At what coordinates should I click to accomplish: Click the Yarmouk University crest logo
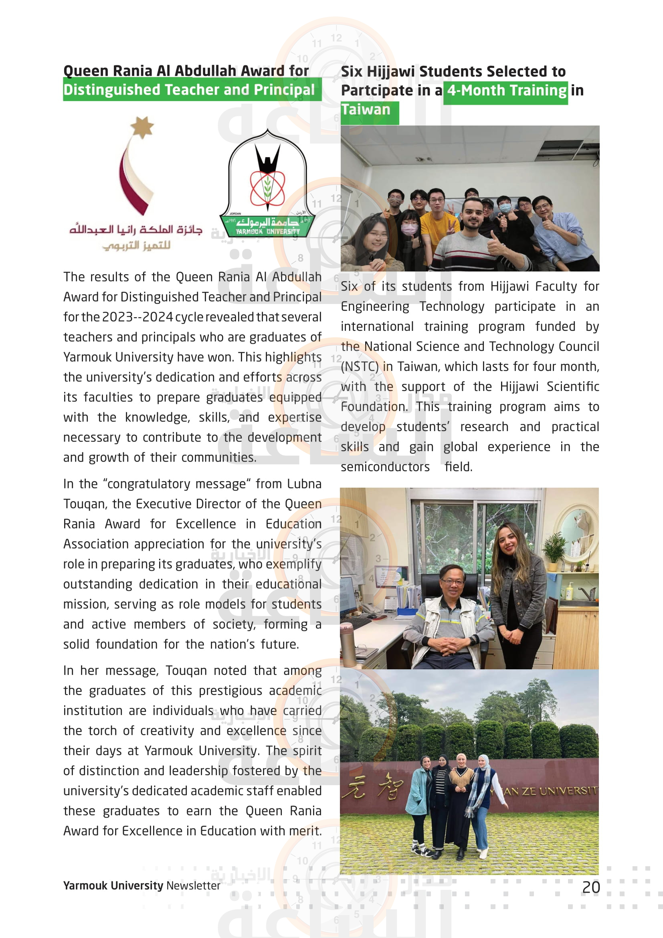267,184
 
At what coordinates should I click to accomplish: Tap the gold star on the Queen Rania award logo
141,127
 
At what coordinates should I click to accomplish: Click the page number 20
591,887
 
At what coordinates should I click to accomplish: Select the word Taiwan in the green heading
366,110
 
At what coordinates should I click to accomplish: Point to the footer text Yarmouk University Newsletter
141,886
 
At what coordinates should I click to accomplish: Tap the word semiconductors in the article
385,466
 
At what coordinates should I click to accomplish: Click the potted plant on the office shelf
554,547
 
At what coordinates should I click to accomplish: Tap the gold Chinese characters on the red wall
372,786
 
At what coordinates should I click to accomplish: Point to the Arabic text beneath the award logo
136,237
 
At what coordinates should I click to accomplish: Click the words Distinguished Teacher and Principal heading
189,90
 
